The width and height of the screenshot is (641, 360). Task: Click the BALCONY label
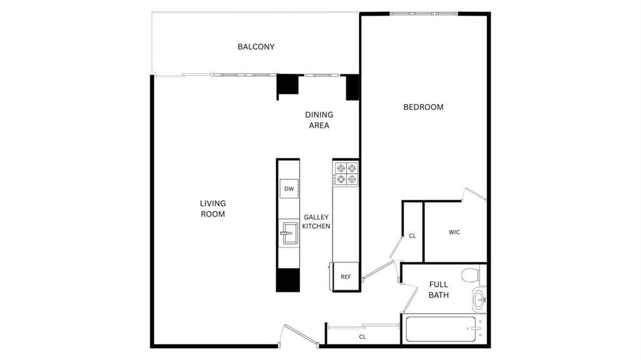[255, 47]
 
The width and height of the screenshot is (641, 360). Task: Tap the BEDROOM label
[423, 107]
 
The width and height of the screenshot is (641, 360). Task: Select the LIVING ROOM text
[213, 208]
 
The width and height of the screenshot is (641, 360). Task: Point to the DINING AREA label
[319, 120]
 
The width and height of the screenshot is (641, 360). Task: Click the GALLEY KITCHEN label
[316, 222]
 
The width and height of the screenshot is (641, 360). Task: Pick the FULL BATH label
[439, 289]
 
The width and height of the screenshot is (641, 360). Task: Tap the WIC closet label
[454, 232]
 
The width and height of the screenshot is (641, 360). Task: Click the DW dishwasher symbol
[289, 188]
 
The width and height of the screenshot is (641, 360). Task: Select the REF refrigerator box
[346, 276]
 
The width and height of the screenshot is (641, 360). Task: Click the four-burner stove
[346, 173]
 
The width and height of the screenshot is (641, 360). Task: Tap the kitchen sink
[289, 232]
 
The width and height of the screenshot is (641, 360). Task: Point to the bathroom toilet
[471, 275]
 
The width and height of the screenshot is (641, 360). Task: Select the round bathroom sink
[479, 299]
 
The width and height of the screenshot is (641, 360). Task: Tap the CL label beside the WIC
[413, 236]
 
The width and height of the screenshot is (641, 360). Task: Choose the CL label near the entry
[362, 337]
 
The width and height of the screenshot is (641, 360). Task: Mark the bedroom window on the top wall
[423, 13]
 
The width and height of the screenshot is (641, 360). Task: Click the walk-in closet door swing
[474, 194]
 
